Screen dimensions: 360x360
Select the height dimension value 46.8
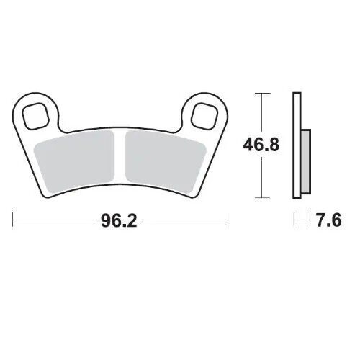261,145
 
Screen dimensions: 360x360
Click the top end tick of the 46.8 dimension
261,94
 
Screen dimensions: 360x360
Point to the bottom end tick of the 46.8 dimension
261,198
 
